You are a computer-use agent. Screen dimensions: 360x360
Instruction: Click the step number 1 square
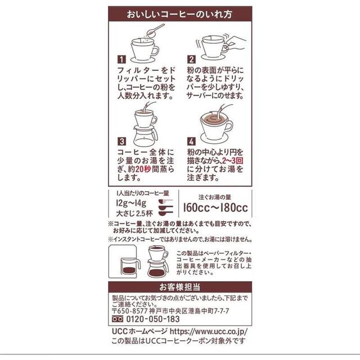[121, 60]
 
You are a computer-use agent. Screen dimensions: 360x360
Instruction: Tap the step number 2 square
[191, 60]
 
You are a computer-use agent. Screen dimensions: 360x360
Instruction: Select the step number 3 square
[121, 141]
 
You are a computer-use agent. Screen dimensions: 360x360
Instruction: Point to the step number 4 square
[191, 141]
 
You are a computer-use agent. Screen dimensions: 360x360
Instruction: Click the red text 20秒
[143, 169]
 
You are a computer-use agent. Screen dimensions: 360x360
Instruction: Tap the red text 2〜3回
[232, 161]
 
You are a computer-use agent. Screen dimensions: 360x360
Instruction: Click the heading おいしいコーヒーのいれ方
[180, 14]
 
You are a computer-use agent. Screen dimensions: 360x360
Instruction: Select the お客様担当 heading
[180, 287]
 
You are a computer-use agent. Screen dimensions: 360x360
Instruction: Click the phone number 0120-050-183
[153, 319]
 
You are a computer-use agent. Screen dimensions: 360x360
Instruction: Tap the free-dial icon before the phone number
[118, 319]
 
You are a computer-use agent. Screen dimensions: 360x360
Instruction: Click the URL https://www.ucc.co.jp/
[209, 331]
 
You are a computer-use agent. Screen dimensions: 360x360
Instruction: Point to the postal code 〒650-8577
[130, 311]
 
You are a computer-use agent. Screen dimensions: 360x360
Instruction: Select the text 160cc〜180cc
[215, 208]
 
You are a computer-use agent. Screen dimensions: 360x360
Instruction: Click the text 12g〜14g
[131, 203]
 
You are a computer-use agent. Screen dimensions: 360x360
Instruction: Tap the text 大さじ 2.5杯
[134, 214]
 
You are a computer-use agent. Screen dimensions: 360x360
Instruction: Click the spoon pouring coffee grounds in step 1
[155, 30]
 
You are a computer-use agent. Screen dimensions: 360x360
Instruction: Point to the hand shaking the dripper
[235, 44]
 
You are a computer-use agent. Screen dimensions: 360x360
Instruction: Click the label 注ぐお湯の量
[215, 197]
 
